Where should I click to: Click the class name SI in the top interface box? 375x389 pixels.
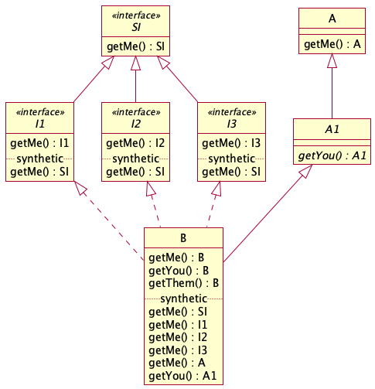click(136, 27)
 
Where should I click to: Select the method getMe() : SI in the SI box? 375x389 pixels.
click(135, 46)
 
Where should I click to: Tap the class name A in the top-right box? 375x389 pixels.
click(332, 19)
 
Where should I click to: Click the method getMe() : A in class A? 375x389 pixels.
click(332, 44)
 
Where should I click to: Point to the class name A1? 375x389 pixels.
click(332, 129)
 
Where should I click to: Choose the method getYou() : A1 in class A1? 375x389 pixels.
click(332, 155)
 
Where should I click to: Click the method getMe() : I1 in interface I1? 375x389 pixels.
click(39, 143)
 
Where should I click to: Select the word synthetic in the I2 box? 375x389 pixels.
click(135, 159)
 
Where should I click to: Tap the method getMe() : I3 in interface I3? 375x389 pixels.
click(231, 143)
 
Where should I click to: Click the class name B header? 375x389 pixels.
click(183, 238)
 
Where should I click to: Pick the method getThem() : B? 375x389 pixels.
click(184, 283)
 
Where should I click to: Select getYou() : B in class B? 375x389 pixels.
click(179, 271)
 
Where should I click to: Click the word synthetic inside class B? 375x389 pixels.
click(184, 299)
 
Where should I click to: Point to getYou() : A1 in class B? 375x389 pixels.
click(182, 376)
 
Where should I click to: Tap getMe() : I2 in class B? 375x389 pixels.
click(178, 337)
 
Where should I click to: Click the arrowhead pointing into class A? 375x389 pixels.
click(332, 61)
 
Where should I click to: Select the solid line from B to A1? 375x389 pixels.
click(268, 213)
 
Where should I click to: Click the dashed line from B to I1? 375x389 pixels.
click(109, 220)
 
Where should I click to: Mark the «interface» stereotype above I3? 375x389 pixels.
click(232, 112)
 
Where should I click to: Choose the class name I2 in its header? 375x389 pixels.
click(135, 124)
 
